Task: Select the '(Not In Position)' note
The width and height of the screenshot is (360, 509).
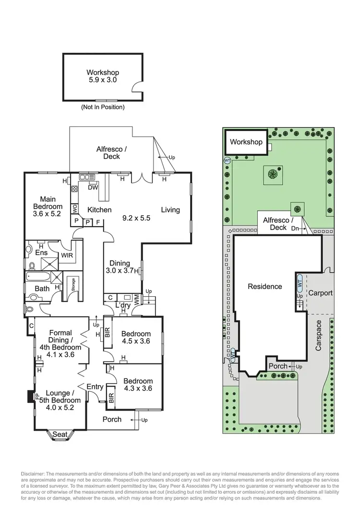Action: point(103,107)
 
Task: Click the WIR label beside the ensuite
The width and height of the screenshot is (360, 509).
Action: point(67,255)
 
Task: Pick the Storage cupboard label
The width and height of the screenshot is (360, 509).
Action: point(73,284)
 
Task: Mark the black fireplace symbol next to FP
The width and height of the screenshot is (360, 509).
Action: point(30,397)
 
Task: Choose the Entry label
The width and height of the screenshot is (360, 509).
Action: point(95,387)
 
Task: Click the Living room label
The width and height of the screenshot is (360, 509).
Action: point(170,209)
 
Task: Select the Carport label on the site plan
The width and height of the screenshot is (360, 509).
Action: point(320,292)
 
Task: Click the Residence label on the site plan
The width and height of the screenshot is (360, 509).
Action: point(264,286)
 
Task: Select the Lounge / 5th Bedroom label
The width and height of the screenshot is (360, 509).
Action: point(60,397)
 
